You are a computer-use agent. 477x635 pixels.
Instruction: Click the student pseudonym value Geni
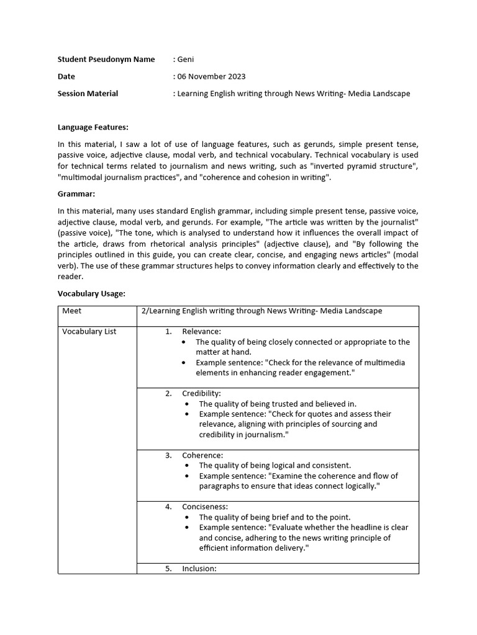[186, 60]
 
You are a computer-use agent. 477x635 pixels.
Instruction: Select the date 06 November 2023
[211, 76]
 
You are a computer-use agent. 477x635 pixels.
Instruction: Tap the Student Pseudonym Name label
[106, 60]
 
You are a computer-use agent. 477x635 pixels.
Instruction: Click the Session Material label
[88, 94]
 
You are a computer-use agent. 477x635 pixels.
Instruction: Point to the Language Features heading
[93, 127]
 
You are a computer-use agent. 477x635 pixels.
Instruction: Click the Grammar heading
[76, 194]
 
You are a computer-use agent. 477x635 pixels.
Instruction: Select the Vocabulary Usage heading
[91, 293]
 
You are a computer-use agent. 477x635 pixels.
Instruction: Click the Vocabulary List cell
[89, 331]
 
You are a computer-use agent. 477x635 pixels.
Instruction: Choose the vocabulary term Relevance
[201, 332]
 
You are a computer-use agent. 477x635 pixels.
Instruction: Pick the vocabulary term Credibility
[201, 393]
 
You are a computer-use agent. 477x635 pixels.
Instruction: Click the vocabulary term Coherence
[202, 455]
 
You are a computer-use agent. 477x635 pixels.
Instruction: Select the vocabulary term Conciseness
[205, 507]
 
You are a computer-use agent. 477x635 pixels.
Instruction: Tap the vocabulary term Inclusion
[199, 569]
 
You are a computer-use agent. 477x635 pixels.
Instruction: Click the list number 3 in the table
[168, 455]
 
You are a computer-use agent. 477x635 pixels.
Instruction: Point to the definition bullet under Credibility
[189, 404]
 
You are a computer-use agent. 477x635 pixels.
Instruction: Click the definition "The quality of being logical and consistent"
[275, 466]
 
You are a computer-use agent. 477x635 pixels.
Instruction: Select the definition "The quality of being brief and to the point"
[275, 517]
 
